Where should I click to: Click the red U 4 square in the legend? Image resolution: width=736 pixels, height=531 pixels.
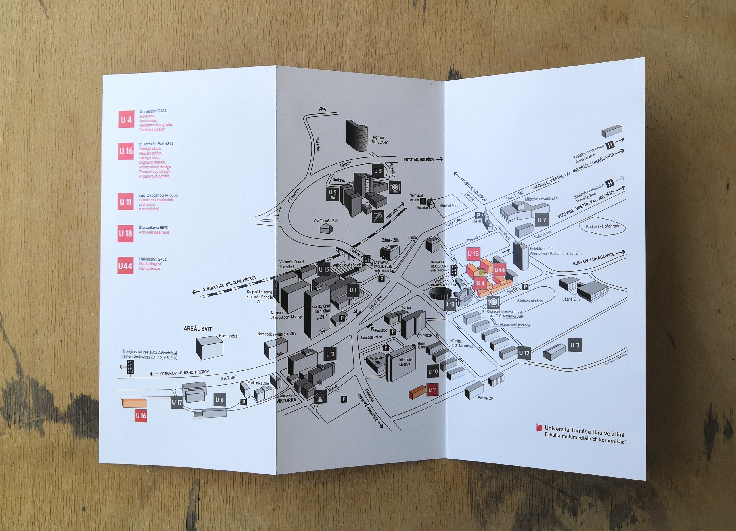pos(126,120)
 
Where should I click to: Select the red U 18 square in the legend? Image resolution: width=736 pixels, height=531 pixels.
pos(125,233)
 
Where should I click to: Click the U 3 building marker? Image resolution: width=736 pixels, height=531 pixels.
pos(574,345)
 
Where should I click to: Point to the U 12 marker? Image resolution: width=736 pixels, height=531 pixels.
pos(524,353)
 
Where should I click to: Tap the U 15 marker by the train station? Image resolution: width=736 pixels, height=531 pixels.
pos(324,269)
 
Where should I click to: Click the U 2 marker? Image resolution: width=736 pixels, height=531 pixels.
pos(330,354)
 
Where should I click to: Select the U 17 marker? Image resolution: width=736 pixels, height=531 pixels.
pos(177,402)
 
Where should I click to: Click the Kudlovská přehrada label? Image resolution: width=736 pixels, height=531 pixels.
pos(603,226)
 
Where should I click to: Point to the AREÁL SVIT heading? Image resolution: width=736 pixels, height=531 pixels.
pos(198,329)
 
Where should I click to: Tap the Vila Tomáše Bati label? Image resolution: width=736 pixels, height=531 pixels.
pos(325,221)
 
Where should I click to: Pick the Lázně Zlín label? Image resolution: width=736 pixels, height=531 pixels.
pos(571,299)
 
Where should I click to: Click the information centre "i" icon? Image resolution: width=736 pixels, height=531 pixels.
pos(423,201)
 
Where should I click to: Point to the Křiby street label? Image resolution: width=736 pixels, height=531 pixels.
pos(322,109)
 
